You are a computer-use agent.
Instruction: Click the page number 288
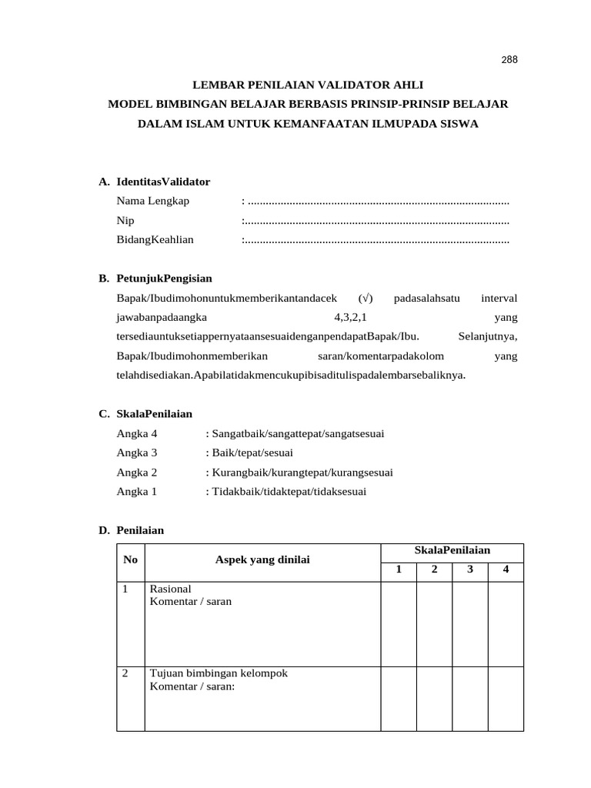pyautogui.click(x=509, y=59)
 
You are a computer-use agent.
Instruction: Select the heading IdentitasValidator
pyautogui.click(x=163, y=182)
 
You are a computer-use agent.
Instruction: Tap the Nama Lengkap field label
pyautogui.click(x=152, y=201)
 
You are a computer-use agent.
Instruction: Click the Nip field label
pyautogui.click(x=125, y=220)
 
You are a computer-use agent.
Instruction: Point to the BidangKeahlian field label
pyautogui.click(x=155, y=239)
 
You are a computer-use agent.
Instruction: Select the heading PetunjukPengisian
pyautogui.click(x=164, y=278)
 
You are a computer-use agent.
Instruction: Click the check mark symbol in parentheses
pyautogui.click(x=366, y=297)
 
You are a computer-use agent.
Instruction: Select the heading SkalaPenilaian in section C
pyautogui.click(x=155, y=414)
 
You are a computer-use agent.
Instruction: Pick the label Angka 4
pyautogui.click(x=137, y=433)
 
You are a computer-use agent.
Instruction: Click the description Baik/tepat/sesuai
pyautogui.click(x=252, y=452)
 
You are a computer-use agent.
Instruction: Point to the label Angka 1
pyautogui.click(x=137, y=491)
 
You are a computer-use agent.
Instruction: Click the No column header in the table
pyautogui.click(x=130, y=560)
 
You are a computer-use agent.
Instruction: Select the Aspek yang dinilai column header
pyautogui.click(x=262, y=560)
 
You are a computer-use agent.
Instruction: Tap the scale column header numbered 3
pyautogui.click(x=469, y=570)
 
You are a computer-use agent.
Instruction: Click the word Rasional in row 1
pyautogui.click(x=170, y=589)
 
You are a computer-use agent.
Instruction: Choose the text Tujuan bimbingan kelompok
pyautogui.click(x=219, y=673)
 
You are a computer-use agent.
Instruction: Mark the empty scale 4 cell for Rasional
pyautogui.click(x=506, y=623)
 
